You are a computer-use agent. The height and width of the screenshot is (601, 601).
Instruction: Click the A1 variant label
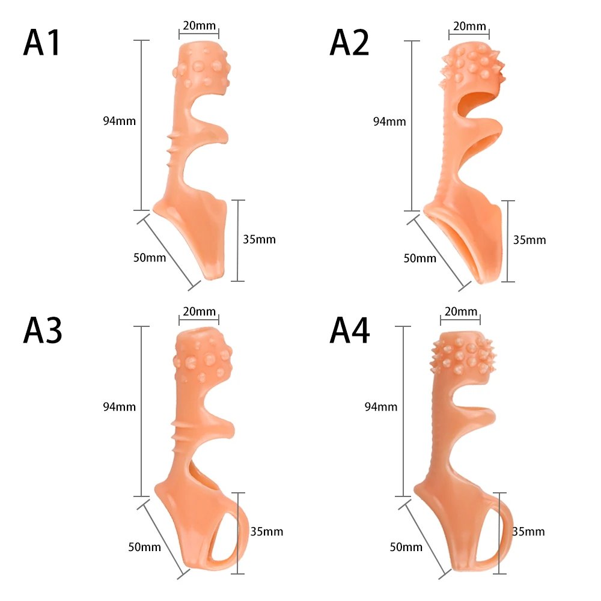pyautogui.click(x=43, y=43)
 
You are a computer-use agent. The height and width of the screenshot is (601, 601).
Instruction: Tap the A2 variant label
pyautogui.click(x=349, y=43)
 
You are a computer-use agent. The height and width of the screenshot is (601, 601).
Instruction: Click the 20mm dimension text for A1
pyautogui.click(x=199, y=25)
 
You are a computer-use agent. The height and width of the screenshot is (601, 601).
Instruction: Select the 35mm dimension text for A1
pyautogui.click(x=260, y=239)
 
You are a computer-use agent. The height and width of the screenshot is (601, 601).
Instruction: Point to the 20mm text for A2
pyautogui.click(x=469, y=26)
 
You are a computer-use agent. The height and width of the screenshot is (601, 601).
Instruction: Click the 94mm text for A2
pyautogui.click(x=390, y=121)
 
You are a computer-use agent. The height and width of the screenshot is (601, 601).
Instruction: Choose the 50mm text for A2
pyautogui.click(x=419, y=258)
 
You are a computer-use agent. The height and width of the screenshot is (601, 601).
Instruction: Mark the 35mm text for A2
pyautogui.click(x=530, y=240)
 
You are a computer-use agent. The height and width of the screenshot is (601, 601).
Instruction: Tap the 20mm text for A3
pyautogui.click(x=199, y=311)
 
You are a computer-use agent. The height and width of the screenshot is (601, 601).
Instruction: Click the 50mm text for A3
pyautogui.click(x=145, y=547)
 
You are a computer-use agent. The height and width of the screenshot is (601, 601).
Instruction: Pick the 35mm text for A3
pyautogui.click(x=267, y=531)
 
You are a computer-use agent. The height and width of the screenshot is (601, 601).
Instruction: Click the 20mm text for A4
pyautogui.click(x=461, y=311)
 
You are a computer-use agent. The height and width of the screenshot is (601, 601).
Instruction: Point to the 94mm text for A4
pyautogui.click(x=381, y=407)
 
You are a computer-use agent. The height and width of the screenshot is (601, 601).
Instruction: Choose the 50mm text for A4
pyautogui.click(x=406, y=547)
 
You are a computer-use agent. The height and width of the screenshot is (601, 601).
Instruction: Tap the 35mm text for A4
pyautogui.click(x=529, y=531)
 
